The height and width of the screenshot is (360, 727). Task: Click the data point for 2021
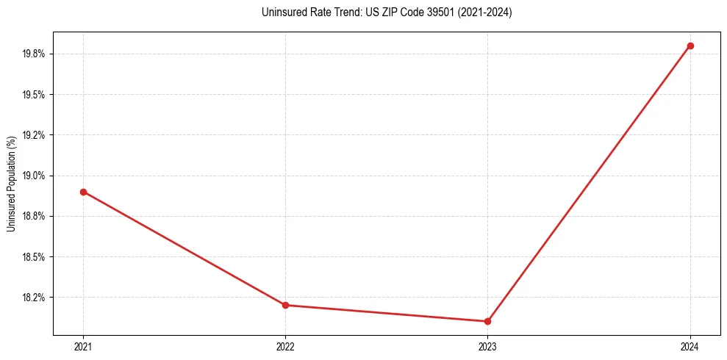click(83, 192)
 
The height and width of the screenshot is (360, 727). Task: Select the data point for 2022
click(285, 305)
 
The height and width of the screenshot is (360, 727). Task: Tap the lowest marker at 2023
click(487, 321)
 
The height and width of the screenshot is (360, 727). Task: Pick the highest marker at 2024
click(690, 46)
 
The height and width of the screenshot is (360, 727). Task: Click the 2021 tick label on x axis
click(83, 346)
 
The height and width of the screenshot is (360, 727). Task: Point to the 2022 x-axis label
click(285, 346)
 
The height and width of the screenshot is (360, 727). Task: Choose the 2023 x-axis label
click(487, 346)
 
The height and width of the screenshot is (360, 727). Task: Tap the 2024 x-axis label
click(690, 346)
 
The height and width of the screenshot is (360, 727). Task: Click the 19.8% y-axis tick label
click(35, 54)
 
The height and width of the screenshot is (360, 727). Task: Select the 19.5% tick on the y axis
click(35, 95)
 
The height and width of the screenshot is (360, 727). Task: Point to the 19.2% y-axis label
click(35, 135)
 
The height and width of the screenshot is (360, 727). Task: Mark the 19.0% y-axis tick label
click(35, 176)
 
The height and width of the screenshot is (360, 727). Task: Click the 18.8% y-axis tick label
click(35, 216)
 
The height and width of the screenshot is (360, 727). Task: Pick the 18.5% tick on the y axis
click(35, 257)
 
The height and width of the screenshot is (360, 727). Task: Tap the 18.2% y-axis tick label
click(35, 298)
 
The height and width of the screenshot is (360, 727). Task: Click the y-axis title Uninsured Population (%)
click(11, 183)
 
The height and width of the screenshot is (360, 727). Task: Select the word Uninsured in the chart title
click(282, 12)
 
